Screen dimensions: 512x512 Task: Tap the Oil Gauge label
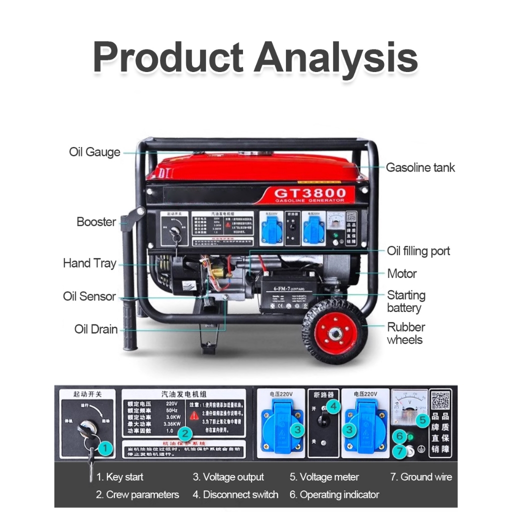94,152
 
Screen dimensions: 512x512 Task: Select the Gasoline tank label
420,167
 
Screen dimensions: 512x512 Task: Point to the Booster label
96,221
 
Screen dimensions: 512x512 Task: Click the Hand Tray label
89,263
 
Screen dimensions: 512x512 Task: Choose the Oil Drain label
96,329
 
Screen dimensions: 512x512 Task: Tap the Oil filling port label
418,251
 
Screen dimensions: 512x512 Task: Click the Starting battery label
406,301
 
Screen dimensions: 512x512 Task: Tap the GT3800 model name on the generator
310,193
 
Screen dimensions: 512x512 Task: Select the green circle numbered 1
104,448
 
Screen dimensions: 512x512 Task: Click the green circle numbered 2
185,433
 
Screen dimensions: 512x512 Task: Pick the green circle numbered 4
334,406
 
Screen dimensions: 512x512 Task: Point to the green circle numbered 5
422,420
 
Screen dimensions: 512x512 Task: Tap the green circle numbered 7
399,451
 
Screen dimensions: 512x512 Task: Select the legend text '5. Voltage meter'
324,477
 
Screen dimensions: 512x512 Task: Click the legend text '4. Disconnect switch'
235,494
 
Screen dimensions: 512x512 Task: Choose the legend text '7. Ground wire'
421,477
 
